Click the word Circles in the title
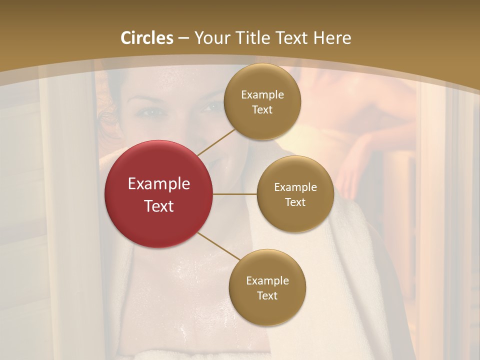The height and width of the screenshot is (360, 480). pyautogui.click(x=147, y=38)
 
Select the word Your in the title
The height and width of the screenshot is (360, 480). pyautogui.click(x=209, y=38)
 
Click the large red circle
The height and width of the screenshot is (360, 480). pyautogui.click(x=158, y=194)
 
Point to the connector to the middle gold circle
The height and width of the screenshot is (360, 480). pyautogui.click(x=235, y=194)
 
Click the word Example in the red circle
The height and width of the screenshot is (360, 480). pyautogui.click(x=158, y=183)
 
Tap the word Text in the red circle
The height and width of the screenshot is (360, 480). pyautogui.click(x=158, y=206)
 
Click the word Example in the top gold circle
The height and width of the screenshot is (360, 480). pyautogui.click(x=262, y=94)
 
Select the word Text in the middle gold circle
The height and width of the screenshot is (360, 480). pyautogui.click(x=295, y=202)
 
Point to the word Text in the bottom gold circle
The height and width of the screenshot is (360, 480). pyautogui.click(x=267, y=295)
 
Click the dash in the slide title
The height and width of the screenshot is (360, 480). pyautogui.click(x=183, y=38)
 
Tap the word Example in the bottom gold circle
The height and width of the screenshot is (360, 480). pyautogui.click(x=267, y=280)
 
